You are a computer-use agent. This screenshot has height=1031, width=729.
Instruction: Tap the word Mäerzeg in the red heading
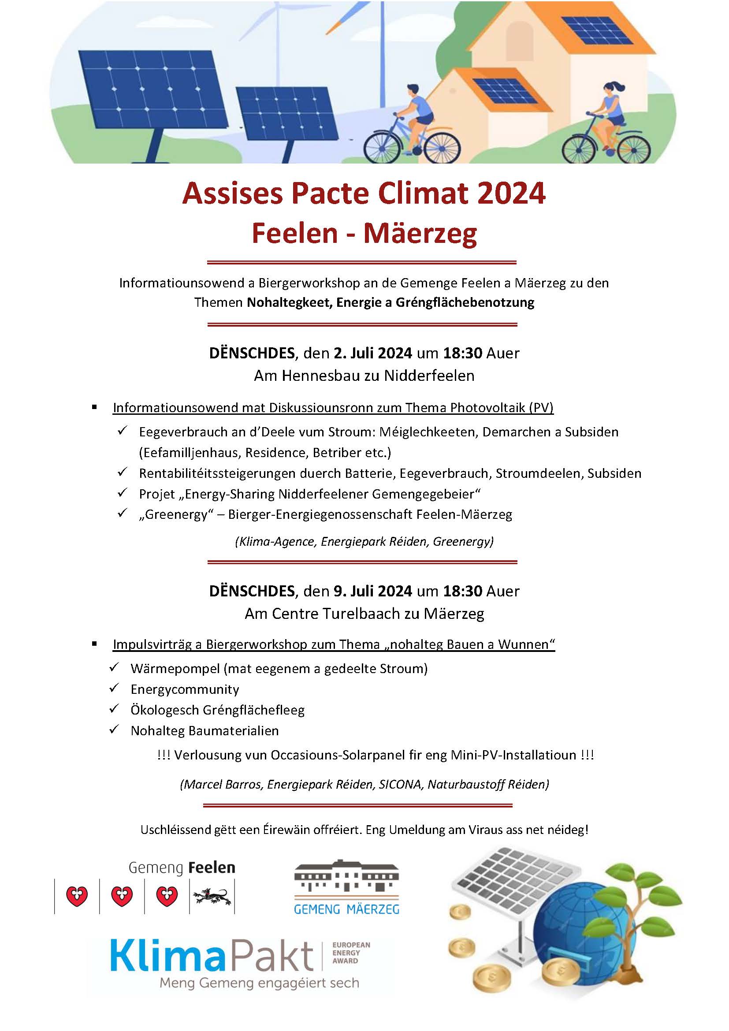420,234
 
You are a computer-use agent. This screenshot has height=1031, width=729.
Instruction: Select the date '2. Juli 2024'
372,353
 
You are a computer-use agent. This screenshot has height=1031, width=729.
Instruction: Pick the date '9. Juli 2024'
372,591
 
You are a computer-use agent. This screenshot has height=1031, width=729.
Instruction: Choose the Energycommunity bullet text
185,689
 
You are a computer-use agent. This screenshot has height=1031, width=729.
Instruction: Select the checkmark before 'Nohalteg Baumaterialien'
114,730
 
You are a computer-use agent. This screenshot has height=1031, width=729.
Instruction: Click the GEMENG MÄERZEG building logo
346,876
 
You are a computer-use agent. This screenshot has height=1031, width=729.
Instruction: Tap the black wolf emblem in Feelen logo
212,897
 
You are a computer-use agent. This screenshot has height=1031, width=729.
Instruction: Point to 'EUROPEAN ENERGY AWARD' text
351,953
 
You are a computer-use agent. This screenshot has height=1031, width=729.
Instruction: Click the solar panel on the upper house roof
597,30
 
